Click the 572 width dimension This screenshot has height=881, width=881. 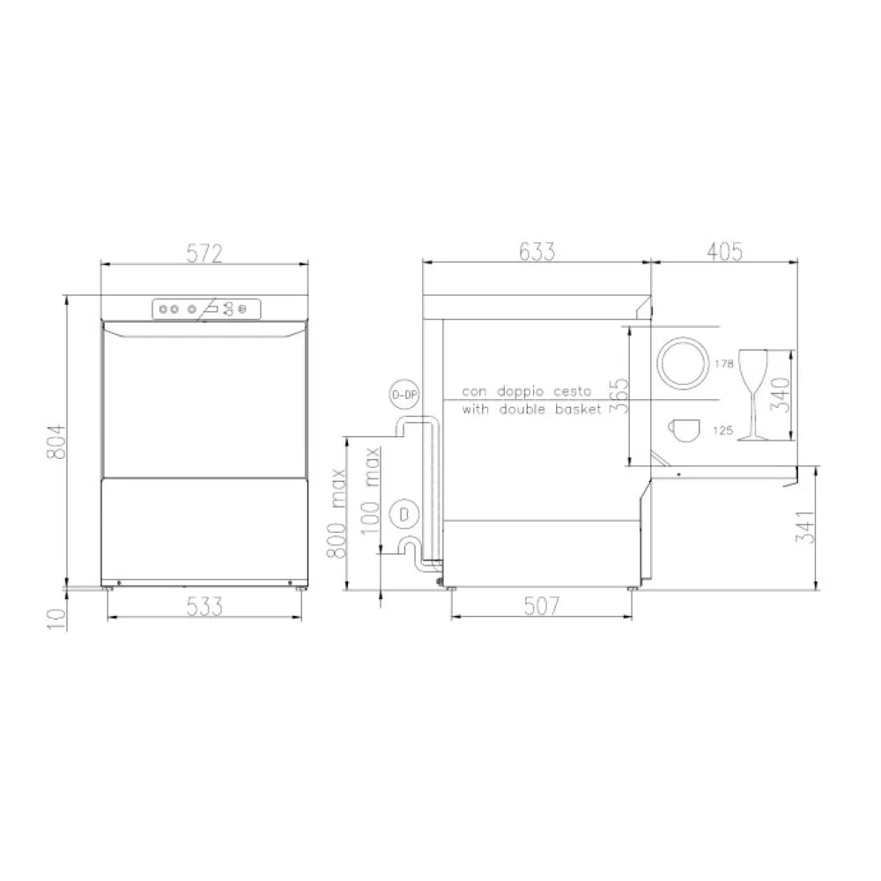(204, 253)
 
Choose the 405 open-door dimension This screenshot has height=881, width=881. (724, 253)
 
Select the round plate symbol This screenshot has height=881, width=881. (683, 361)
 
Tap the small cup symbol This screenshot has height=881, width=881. (684, 428)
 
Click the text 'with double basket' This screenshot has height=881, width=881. (531, 410)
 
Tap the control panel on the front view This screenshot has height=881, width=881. (205, 308)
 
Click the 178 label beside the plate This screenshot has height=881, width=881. (724, 363)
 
